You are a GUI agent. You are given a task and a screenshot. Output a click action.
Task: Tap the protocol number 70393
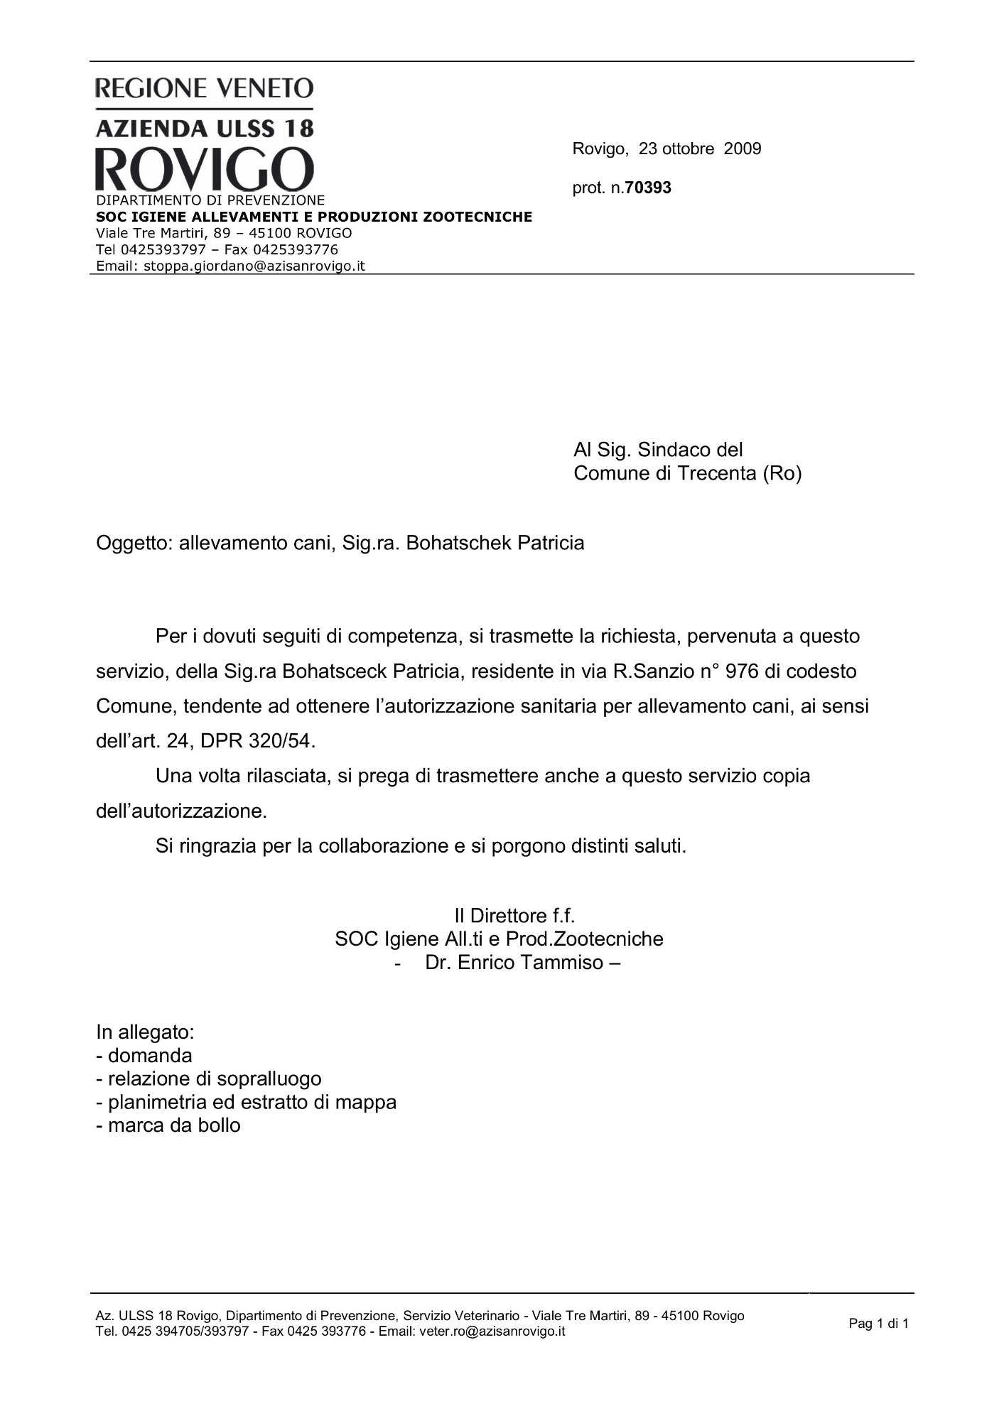(648, 188)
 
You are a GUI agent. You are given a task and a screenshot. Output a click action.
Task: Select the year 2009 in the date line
(743, 149)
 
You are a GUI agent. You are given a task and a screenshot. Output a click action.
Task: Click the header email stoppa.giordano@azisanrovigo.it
(254, 266)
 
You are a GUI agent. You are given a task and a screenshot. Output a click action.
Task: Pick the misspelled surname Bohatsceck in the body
(334, 671)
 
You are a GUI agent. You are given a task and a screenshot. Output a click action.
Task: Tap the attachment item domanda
(150, 1055)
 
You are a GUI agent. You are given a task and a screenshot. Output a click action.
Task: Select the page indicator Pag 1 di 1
(878, 1323)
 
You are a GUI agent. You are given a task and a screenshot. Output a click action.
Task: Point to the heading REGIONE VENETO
(205, 88)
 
